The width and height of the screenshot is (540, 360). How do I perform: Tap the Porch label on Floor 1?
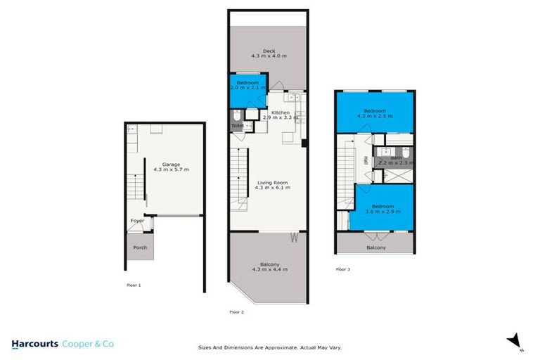coord(140,247)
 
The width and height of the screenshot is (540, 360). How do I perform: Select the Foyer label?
coord(137,221)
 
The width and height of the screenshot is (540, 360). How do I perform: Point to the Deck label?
coord(268,51)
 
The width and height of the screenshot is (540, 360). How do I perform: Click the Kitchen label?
coord(280,112)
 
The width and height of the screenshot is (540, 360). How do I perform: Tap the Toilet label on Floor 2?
coord(236,126)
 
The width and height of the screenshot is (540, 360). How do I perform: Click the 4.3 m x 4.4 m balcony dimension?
coord(269,269)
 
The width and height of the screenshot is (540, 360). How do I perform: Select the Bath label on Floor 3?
coord(397,157)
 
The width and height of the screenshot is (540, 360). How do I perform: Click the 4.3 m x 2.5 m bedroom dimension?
coord(375,115)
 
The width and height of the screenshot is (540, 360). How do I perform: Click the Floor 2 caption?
coord(237,311)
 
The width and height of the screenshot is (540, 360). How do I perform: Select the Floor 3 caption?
coord(343,269)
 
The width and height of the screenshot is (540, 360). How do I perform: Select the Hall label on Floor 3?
coord(366,160)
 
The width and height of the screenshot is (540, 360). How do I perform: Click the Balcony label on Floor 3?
coord(376,247)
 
